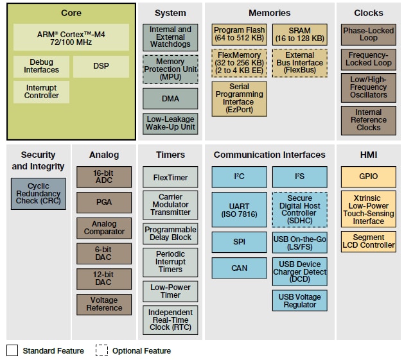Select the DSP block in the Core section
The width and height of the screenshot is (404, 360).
pyautogui.click(x=100, y=66)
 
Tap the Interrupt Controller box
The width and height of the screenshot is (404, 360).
pyautogui.click(x=42, y=92)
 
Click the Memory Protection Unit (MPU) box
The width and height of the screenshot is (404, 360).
pyautogui.click(x=170, y=69)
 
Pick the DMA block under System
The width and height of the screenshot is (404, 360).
pyautogui.click(x=170, y=99)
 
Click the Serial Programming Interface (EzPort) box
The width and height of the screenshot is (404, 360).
pyautogui.click(x=239, y=99)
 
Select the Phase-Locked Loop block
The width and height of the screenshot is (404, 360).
pyautogui.click(x=369, y=35)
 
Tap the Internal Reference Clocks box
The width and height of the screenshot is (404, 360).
pyautogui.click(x=369, y=120)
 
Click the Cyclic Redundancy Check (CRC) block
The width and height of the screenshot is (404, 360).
pyautogui.click(x=39, y=193)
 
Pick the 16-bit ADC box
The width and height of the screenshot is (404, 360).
pyautogui.click(x=104, y=177)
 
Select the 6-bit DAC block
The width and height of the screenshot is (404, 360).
pyautogui.click(x=104, y=253)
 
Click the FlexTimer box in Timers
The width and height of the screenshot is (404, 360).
pyautogui.click(x=170, y=177)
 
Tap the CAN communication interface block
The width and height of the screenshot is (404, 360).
pyautogui.click(x=239, y=268)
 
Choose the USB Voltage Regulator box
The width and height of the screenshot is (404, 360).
pyautogui.click(x=299, y=300)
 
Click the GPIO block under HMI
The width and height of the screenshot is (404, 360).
pyautogui.click(x=369, y=176)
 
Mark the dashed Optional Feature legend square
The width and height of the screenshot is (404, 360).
pyautogui.click(x=101, y=350)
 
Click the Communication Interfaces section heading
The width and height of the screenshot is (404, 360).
pyautogui.click(x=269, y=155)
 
